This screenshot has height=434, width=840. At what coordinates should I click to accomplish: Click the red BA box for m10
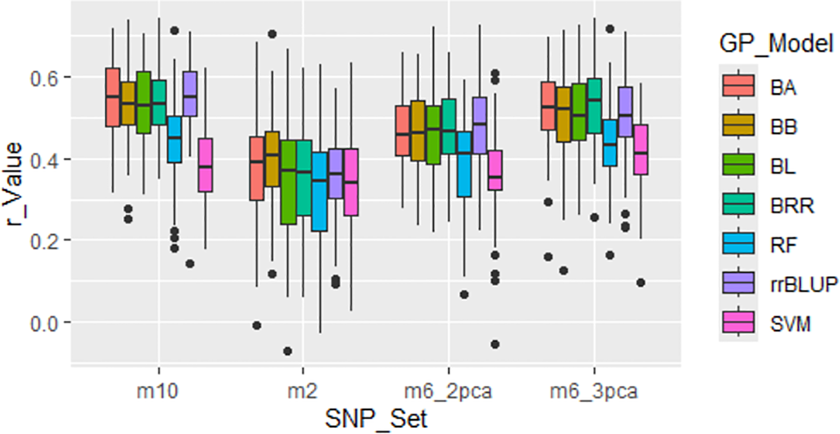coord(113,97)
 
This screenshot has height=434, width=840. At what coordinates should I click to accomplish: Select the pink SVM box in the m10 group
coord(205,165)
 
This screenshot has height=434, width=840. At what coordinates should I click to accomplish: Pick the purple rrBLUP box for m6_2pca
coord(480,125)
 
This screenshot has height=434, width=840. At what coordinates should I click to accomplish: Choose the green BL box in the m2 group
coord(289,181)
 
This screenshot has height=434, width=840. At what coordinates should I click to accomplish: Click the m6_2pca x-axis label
coord(448,392)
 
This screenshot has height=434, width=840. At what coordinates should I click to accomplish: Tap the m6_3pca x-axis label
coord(595,392)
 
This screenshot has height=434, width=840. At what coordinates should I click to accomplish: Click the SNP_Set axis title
coord(376,420)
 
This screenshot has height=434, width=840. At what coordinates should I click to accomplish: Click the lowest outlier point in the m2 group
coord(287,351)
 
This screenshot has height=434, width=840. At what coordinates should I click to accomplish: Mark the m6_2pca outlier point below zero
coord(495,344)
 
